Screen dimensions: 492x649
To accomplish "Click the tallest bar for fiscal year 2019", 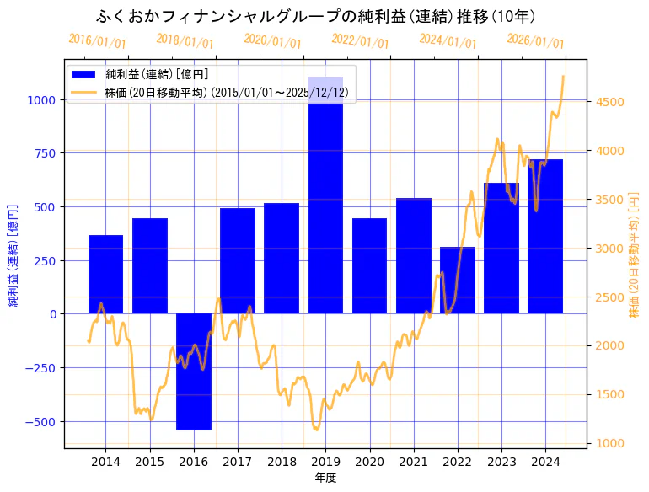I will point(325,202).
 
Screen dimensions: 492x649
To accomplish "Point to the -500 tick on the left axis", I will point(42,422).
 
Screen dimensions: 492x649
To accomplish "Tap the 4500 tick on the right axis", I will point(609,102).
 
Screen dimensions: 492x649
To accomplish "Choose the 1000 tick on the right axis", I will point(609,443).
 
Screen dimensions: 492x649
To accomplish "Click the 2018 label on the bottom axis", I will point(282,462).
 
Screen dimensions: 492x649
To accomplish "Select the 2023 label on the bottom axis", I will point(501,462).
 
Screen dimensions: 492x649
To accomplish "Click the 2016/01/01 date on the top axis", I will point(97,41).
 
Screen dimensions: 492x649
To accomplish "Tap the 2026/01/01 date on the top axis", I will point(535,41).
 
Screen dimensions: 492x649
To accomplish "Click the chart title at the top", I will point(315,16).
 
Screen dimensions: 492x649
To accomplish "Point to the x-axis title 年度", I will point(326,478).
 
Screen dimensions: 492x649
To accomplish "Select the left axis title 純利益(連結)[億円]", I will point(13,254).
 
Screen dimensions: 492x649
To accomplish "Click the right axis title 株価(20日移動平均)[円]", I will point(634,254).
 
